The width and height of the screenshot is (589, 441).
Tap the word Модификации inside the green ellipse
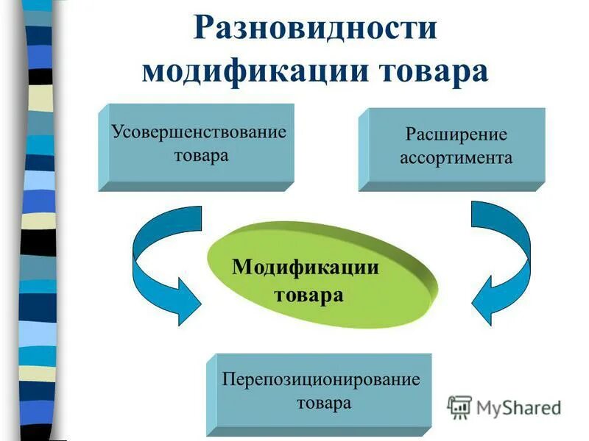pos(306,266)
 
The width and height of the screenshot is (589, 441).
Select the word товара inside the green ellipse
pos(309,295)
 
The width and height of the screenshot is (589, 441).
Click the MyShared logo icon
pos(459,406)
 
